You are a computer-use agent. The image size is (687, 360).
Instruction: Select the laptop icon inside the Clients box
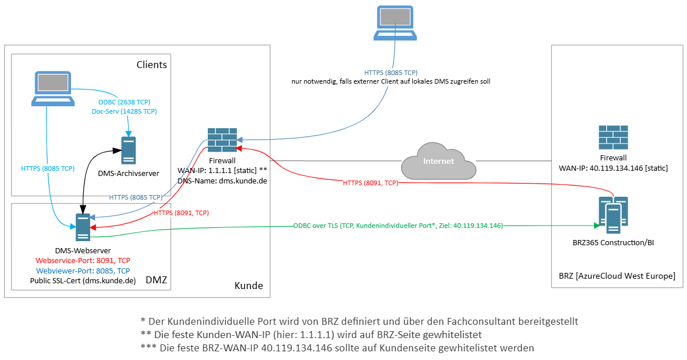53,88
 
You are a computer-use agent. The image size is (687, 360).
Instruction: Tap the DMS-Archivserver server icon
128,151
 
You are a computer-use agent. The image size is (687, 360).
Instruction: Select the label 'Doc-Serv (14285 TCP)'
124,111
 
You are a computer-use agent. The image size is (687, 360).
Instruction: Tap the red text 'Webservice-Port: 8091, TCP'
83,260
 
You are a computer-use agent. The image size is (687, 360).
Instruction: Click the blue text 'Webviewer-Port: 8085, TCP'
83,271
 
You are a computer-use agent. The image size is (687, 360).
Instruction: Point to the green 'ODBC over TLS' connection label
398,226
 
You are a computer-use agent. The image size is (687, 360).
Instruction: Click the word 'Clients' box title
151,65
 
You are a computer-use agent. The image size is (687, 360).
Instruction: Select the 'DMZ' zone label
155,280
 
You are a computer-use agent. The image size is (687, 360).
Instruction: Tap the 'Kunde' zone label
248,286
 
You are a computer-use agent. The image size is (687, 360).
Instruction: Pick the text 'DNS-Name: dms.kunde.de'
222,181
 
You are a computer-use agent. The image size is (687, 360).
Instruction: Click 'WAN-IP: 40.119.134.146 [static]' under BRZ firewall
613,168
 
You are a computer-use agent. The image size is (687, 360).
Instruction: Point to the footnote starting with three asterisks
337,348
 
